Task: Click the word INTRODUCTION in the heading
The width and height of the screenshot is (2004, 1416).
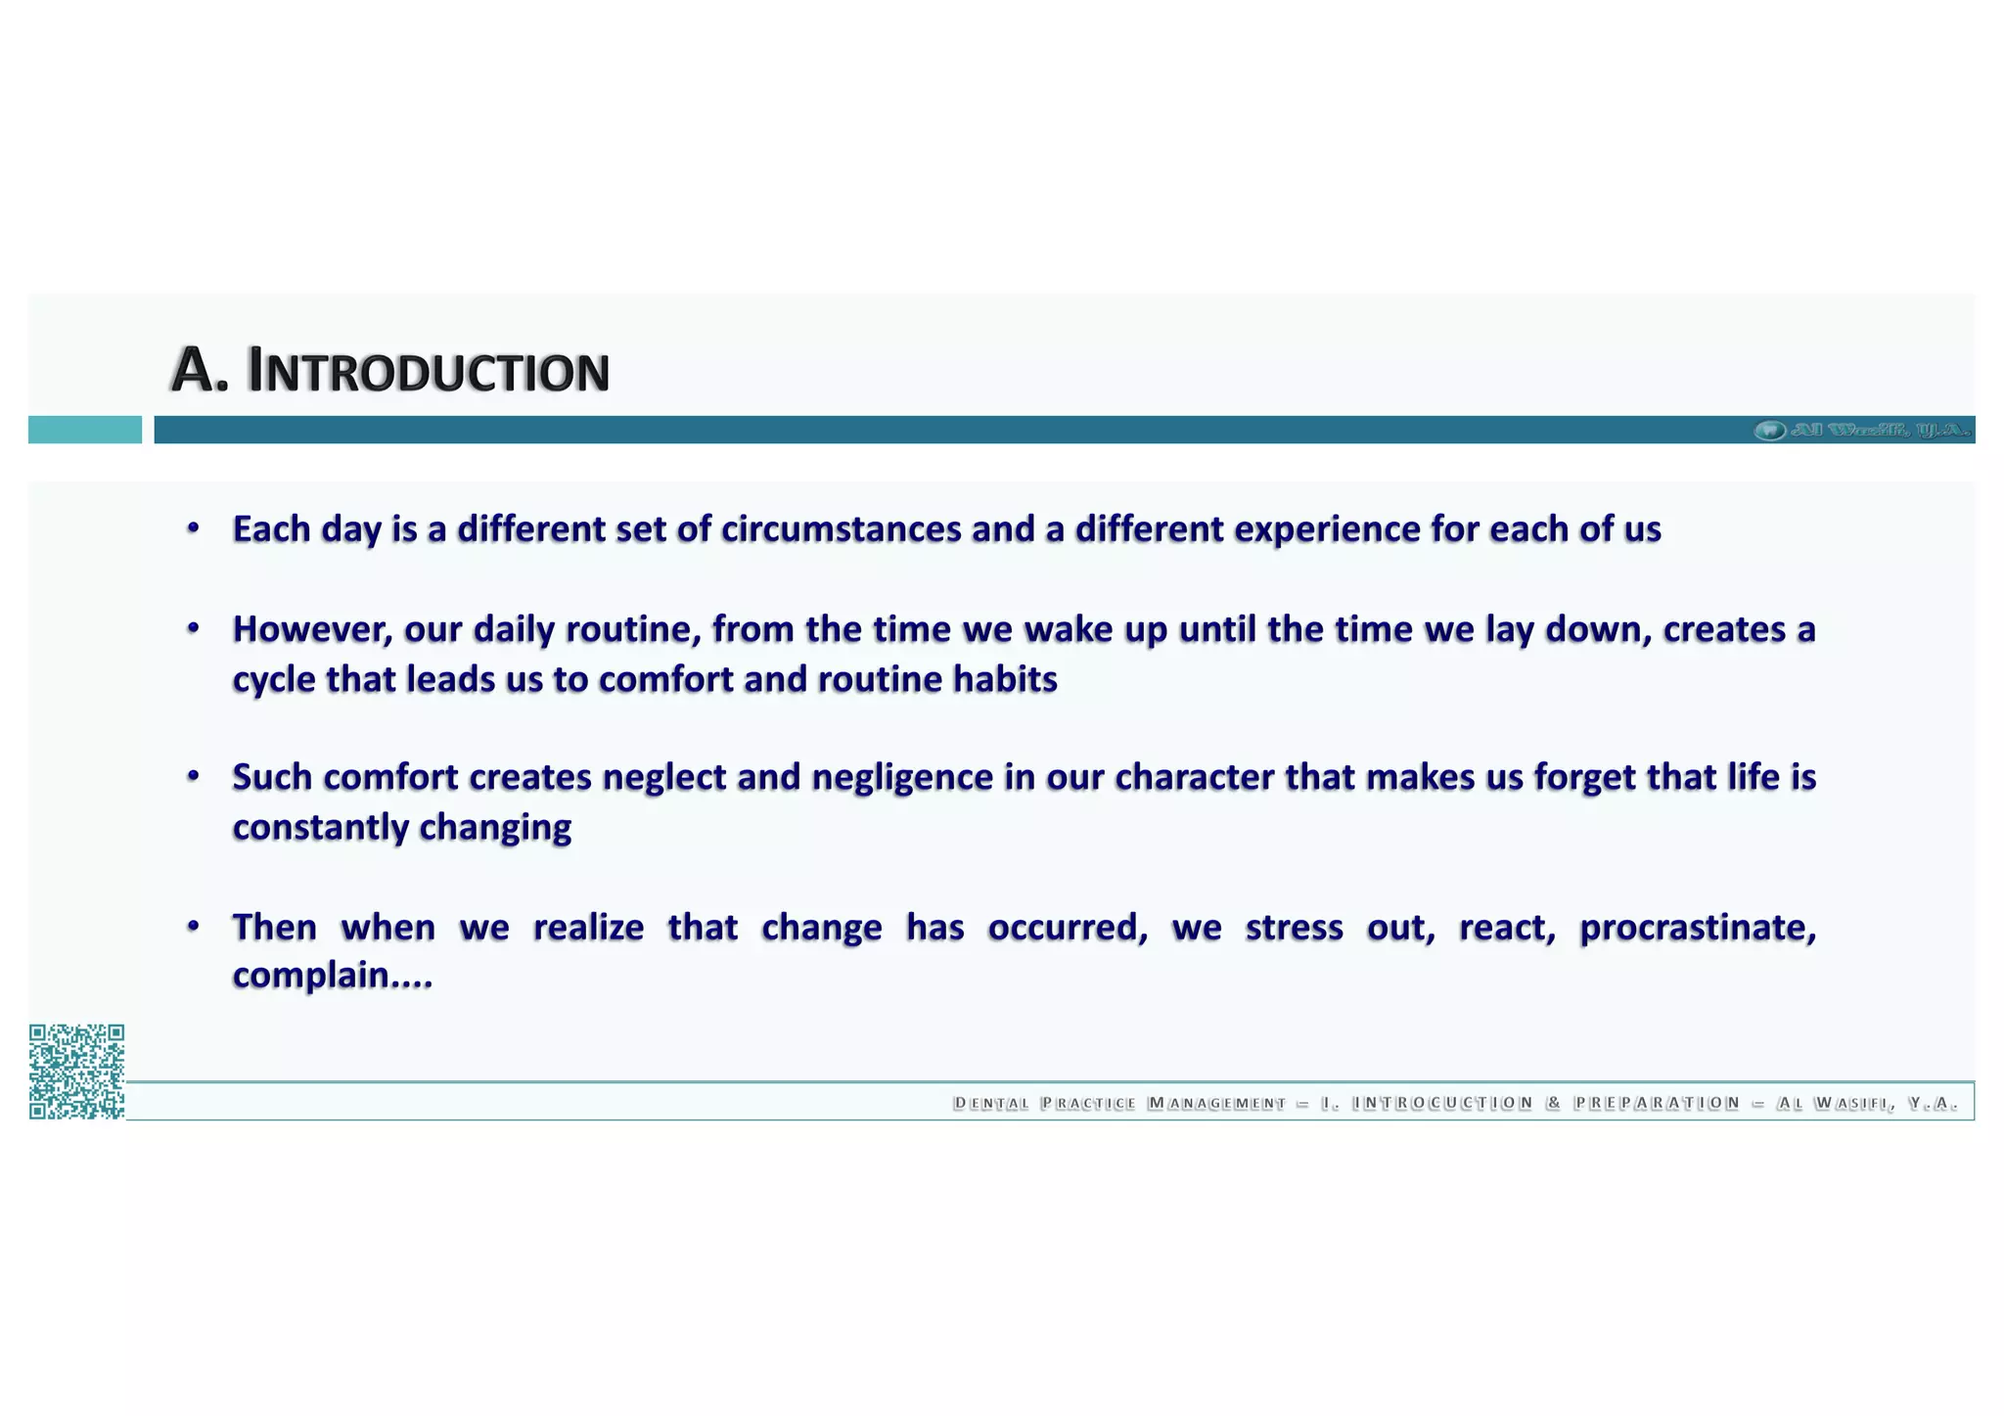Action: coord(429,372)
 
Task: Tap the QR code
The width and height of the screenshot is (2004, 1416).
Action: coord(76,1071)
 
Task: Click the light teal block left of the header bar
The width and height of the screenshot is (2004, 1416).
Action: coord(84,430)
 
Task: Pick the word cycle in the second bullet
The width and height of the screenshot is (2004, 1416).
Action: coord(273,680)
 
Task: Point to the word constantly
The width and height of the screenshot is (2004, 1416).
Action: coord(320,828)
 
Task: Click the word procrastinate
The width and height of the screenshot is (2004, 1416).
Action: coord(1697,927)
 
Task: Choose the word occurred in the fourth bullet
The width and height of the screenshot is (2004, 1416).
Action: coord(1067,927)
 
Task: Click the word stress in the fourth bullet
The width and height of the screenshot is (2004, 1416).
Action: coord(1294,927)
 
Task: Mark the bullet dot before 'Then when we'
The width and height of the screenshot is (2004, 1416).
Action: coord(194,926)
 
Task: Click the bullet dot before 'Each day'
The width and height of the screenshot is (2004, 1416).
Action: coord(194,528)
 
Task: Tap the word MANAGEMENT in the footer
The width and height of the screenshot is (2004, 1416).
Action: coord(1216,1104)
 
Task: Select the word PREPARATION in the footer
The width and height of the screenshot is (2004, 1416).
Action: coord(1657,1104)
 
